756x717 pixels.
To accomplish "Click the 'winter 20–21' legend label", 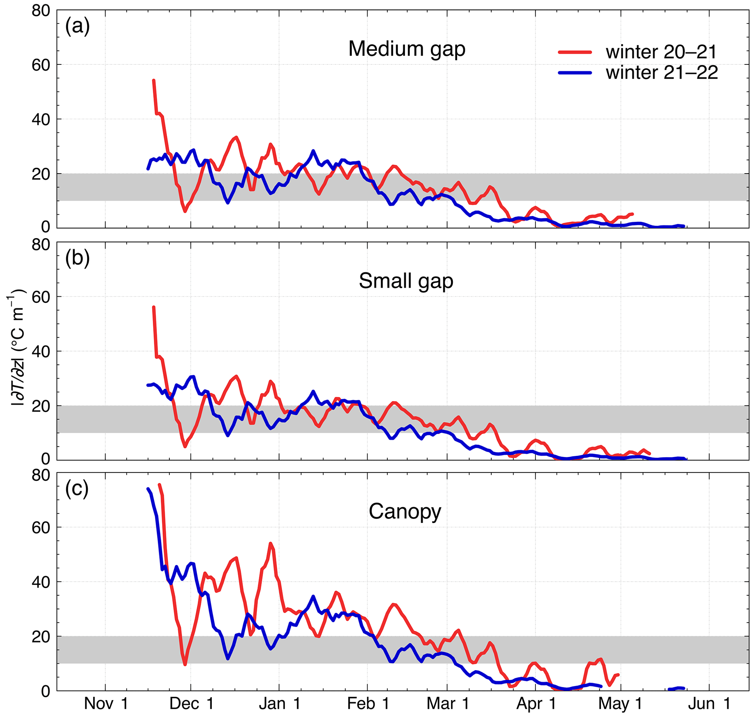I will click(661, 52).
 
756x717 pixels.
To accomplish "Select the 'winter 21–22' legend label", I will click(662, 73).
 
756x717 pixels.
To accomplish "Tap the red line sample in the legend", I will click(575, 52).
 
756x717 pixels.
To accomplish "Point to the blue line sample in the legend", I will click(575, 73).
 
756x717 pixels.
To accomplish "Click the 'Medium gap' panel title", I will click(407, 49).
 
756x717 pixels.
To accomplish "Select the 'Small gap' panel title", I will click(406, 281).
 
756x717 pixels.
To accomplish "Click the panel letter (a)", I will click(78, 27).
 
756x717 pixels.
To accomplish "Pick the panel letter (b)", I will click(78, 259).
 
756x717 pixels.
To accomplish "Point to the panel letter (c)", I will click(77, 489).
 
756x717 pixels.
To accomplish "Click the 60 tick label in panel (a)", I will click(41, 65).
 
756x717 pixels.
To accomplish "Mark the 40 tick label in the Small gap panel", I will click(41, 352).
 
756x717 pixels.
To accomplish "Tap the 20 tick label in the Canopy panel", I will click(41, 637).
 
